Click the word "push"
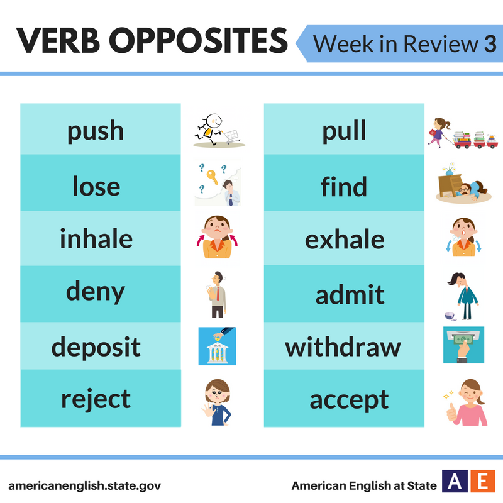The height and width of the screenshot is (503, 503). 96,131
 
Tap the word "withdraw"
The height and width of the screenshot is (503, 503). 343,347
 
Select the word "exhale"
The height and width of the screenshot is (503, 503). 345,239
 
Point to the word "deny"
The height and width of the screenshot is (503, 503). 96,292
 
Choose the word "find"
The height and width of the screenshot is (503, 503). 343,186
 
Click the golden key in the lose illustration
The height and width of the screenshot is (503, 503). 212,177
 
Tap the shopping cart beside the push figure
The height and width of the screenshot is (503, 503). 231,136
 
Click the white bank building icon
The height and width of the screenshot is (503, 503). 218,353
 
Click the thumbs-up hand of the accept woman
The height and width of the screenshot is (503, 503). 451,412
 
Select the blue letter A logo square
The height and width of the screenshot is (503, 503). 455,481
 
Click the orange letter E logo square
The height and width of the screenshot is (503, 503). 482,481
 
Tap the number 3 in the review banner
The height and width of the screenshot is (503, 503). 490,43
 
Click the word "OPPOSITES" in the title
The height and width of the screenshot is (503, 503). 198,40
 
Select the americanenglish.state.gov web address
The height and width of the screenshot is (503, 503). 85,485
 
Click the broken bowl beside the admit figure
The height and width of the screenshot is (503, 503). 450,316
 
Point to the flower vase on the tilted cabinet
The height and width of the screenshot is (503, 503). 450,169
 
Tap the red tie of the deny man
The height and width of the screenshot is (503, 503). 218,294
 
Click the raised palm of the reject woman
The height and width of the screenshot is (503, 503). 207,411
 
